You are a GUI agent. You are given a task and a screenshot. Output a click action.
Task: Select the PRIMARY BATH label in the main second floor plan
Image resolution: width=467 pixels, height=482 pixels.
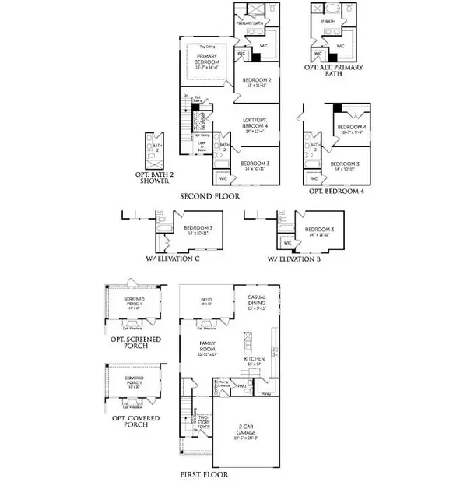click(252, 24)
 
